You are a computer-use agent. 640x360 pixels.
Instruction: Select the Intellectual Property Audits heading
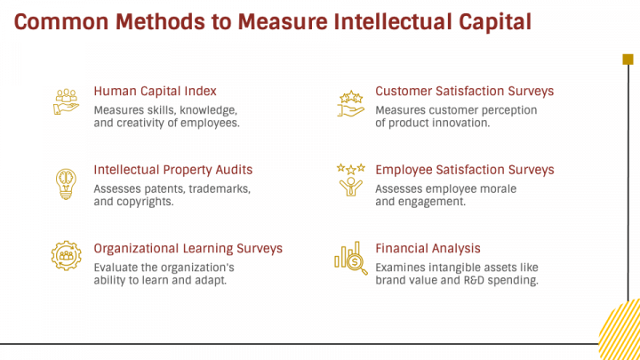172,170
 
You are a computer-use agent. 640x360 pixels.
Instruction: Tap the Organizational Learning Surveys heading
188,249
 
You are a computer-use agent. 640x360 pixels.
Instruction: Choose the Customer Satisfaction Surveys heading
464,92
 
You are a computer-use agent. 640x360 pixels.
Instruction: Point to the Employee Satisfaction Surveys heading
464,170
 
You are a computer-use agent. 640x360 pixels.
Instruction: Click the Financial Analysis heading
428,249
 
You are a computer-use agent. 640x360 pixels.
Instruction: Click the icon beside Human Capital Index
66,101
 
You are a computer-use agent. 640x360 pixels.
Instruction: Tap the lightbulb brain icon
66,181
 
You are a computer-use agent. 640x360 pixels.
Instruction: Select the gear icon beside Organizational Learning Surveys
66,257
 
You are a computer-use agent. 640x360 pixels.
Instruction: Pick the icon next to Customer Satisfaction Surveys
350,103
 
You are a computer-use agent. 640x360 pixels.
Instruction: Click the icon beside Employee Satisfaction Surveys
350,180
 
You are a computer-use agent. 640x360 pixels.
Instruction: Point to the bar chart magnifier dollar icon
350,257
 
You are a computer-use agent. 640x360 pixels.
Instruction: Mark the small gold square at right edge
628,60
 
